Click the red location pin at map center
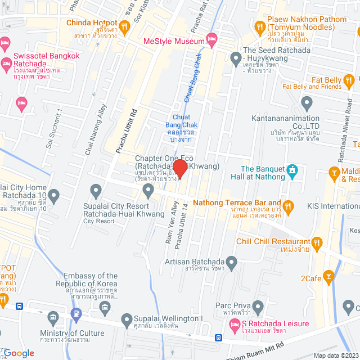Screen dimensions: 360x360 [x=179, y=169]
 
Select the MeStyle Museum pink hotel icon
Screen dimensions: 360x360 [x=212, y=40]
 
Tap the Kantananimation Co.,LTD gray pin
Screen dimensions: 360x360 [x=307, y=103]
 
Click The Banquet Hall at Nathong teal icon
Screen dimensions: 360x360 [x=292, y=169]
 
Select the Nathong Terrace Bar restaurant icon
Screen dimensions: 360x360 [x=289, y=207]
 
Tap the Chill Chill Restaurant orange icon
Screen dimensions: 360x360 [x=317, y=243]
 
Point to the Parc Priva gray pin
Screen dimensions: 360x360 [x=258, y=307]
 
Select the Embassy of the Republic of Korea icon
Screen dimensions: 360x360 [x=105, y=307]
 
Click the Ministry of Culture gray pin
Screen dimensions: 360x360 [x=53, y=318]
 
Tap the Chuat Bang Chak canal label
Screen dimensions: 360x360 [x=181, y=124]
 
